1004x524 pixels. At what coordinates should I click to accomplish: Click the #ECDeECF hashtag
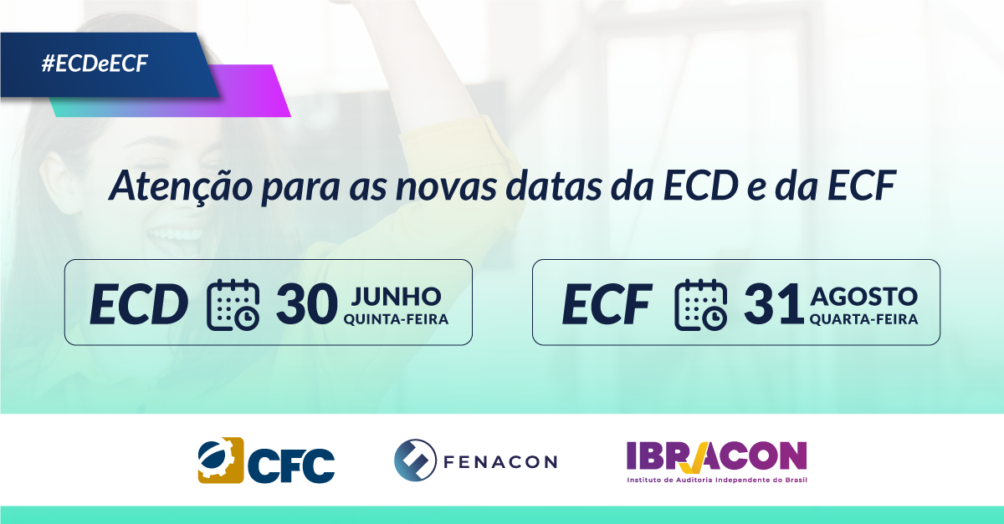pyautogui.click(x=95, y=64)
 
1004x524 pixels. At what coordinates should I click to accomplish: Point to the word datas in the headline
pyautogui.click(x=554, y=186)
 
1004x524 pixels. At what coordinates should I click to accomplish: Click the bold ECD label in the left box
pyautogui.click(x=139, y=304)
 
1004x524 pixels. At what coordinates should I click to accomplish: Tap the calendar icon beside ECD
pyautogui.click(x=233, y=304)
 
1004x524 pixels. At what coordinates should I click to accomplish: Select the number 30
pyautogui.click(x=306, y=304)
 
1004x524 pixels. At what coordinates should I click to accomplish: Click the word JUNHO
pyautogui.click(x=397, y=296)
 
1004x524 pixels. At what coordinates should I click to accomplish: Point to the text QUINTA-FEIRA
pyautogui.click(x=397, y=319)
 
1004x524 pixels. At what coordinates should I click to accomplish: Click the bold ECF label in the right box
pyautogui.click(x=607, y=304)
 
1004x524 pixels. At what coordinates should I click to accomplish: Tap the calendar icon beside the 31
pyautogui.click(x=701, y=304)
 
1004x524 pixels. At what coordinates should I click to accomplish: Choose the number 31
pyautogui.click(x=774, y=304)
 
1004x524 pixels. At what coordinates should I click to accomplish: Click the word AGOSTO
pyautogui.click(x=864, y=297)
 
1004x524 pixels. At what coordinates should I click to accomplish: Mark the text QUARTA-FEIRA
pyautogui.click(x=864, y=319)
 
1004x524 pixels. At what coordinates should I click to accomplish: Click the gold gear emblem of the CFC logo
pyautogui.click(x=221, y=460)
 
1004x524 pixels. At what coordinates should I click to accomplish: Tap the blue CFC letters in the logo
pyautogui.click(x=291, y=465)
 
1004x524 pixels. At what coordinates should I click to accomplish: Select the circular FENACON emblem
pyautogui.click(x=415, y=460)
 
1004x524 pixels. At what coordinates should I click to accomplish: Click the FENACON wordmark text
pyautogui.click(x=500, y=462)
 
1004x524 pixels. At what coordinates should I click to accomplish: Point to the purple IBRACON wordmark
pyautogui.click(x=717, y=457)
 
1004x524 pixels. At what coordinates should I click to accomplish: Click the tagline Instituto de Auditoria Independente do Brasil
pyautogui.click(x=717, y=480)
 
